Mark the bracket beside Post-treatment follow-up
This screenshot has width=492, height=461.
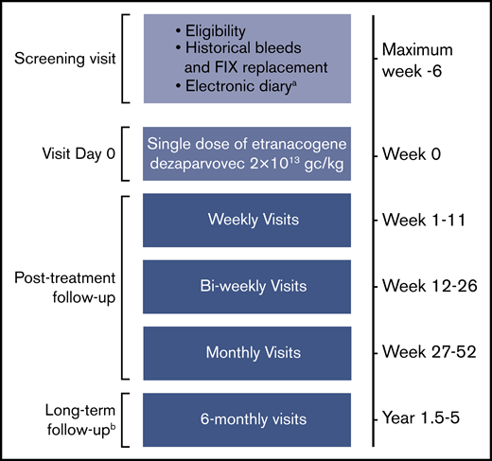(x=126, y=285)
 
